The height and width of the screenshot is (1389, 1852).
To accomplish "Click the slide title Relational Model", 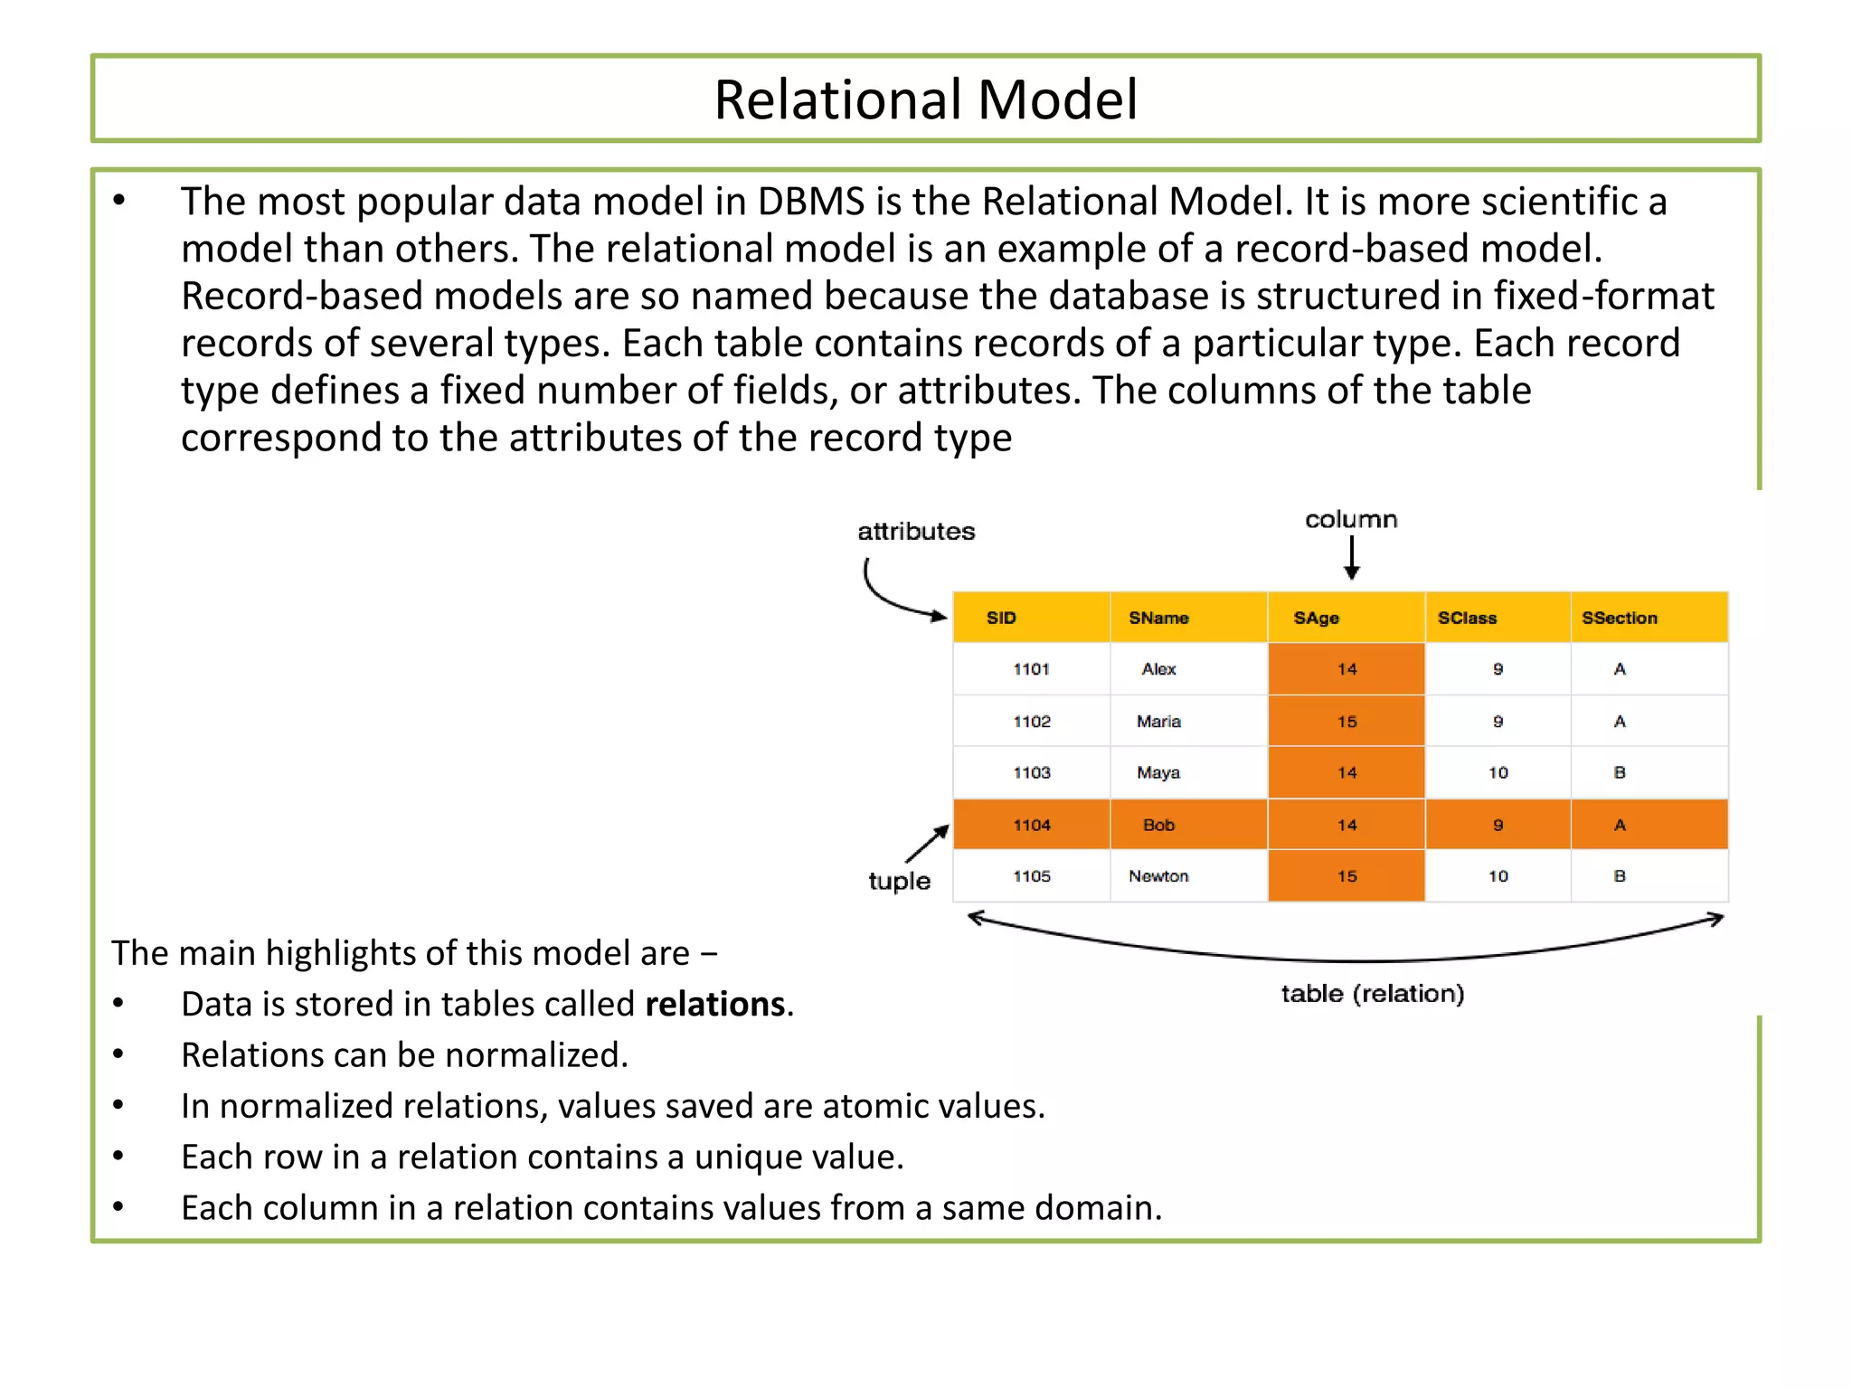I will (x=925, y=99).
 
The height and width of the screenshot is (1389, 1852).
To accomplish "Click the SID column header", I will (x=1001, y=618).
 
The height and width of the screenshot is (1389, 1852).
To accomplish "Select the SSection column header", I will (x=1619, y=618).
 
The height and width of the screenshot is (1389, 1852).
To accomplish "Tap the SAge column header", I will (x=1316, y=618).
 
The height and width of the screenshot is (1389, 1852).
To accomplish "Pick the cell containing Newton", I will (x=1158, y=875).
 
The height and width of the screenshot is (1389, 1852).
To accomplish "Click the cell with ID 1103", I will (x=1031, y=772).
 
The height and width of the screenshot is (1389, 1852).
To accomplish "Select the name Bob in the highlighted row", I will (x=1158, y=825).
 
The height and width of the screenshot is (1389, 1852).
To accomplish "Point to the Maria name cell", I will (x=1158, y=721).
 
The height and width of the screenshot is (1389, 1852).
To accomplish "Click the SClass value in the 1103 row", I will (x=1498, y=772).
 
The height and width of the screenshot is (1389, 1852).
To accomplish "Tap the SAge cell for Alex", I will (x=1346, y=669).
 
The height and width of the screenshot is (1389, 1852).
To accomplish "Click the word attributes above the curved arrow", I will (x=916, y=532).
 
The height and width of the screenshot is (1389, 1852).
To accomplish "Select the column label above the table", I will (x=1351, y=520).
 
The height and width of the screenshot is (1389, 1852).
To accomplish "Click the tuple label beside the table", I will (x=899, y=881).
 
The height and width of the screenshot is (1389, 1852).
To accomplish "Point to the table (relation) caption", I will (x=1372, y=994).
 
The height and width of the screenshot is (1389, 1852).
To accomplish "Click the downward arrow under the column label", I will (x=1352, y=558).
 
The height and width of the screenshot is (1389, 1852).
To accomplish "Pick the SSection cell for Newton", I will (x=1619, y=875).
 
